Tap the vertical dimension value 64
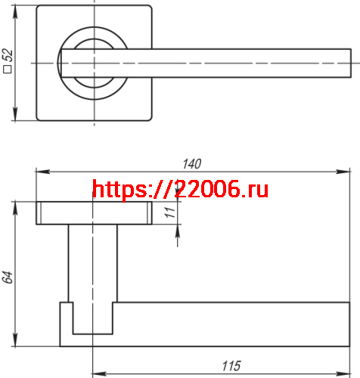tap(8, 277)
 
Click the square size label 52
tap(8, 61)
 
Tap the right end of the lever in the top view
tap(346, 63)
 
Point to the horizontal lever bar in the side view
tap(227, 321)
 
